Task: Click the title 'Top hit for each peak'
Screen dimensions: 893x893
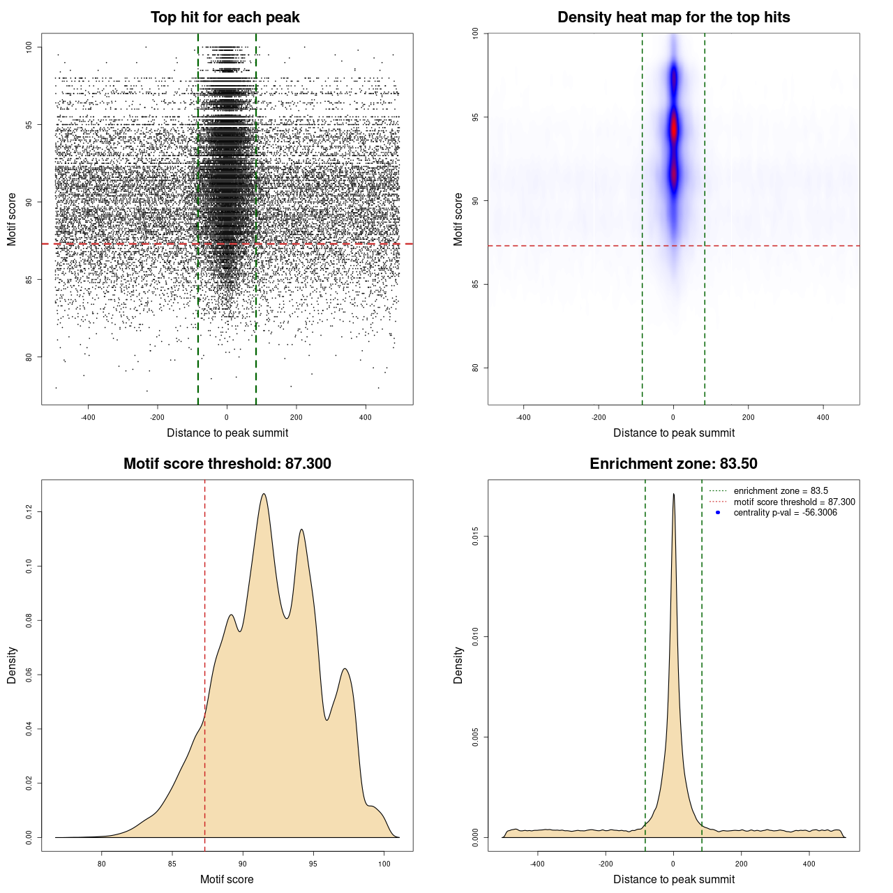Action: point(225,17)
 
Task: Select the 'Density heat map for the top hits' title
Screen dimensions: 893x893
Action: point(673,17)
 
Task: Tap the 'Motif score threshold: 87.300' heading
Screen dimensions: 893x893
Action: point(227,464)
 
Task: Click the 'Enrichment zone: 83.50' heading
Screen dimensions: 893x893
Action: point(673,464)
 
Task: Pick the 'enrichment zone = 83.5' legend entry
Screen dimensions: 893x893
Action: point(781,491)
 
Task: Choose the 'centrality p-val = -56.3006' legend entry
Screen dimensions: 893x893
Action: point(785,513)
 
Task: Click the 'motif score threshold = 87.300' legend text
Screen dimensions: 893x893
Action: point(794,502)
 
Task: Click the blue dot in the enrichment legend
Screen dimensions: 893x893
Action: point(718,513)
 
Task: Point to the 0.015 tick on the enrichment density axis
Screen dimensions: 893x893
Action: point(476,536)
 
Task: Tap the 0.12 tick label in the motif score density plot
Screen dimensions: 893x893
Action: point(29,512)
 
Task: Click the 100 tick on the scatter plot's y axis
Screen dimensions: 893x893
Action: point(29,47)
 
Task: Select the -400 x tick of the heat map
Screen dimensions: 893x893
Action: point(523,417)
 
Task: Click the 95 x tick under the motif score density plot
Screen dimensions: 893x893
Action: point(313,864)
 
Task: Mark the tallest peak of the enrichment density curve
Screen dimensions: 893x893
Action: point(673,495)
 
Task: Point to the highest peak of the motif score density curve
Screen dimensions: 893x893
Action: point(264,495)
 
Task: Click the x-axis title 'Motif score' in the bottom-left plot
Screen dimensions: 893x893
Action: point(227,879)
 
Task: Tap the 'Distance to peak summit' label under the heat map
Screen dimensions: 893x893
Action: point(673,433)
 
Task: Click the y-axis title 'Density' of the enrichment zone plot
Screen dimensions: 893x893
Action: point(458,665)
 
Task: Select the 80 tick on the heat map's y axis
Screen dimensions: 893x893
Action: point(476,368)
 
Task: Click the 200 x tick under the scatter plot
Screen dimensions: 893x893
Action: point(297,417)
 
